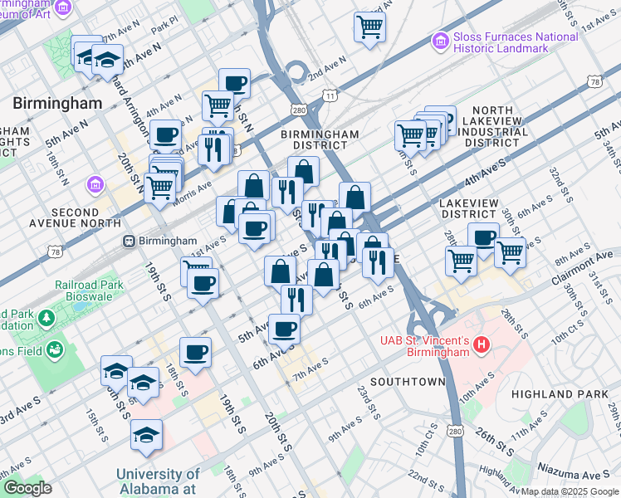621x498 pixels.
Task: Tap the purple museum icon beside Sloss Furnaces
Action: pyautogui.click(x=439, y=40)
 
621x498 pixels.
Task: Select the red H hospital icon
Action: pyautogui.click(x=482, y=343)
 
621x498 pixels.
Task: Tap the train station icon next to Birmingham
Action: pyautogui.click(x=129, y=241)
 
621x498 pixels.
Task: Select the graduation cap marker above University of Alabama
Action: pyautogui.click(x=146, y=433)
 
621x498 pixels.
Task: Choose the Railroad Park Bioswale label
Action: pyautogui.click(x=89, y=290)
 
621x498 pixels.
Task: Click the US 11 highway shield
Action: pyautogui.click(x=330, y=96)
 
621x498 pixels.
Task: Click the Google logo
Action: pyautogui.click(x=27, y=487)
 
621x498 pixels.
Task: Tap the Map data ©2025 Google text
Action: pyautogui.click(x=570, y=491)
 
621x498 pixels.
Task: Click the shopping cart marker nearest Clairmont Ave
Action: pyautogui.click(x=510, y=251)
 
